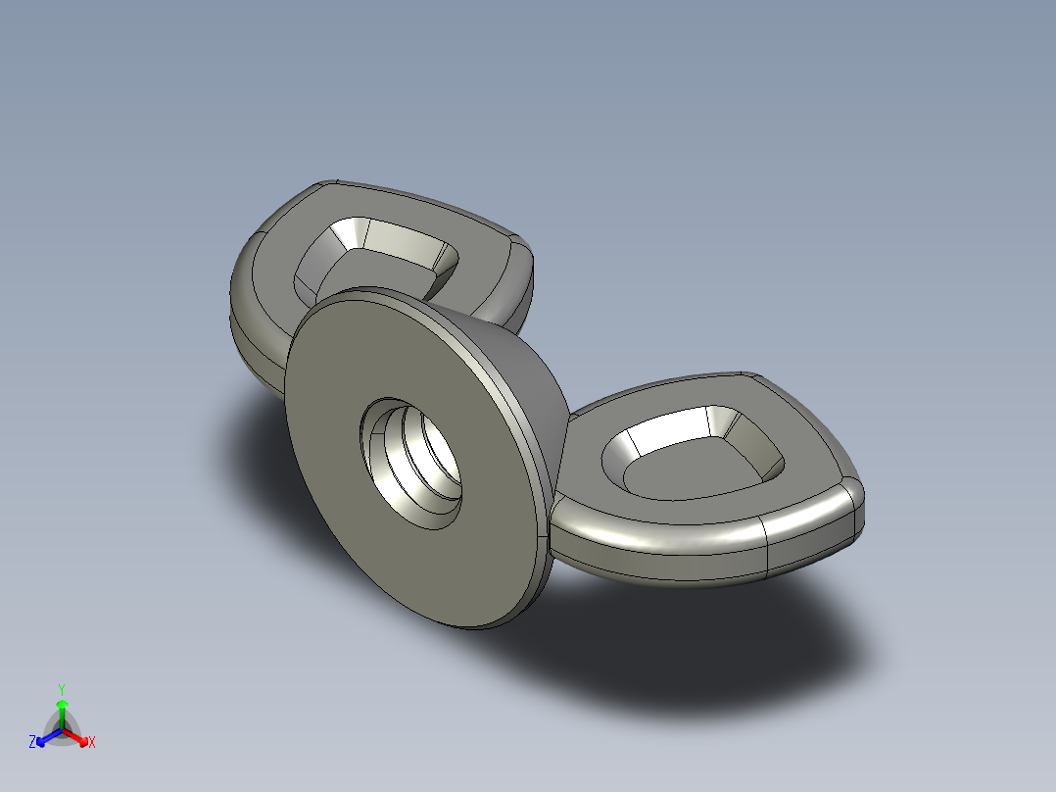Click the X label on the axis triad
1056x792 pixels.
[x=92, y=743]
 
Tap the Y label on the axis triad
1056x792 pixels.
[x=61, y=688]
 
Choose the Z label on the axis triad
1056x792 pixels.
[x=32, y=743]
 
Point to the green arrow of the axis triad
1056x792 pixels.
[x=62, y=708]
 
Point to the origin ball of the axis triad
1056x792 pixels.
[x=62, y=730]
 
